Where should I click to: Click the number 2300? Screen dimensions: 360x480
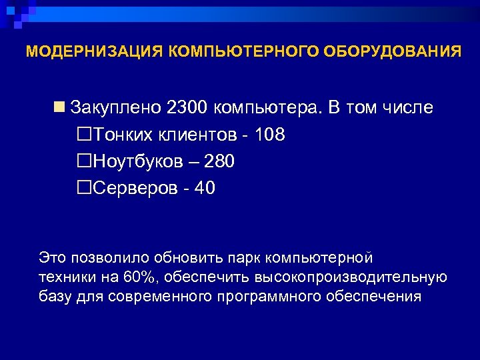[x=188, y=107]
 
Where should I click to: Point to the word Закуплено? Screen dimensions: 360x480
[x=116, y=107]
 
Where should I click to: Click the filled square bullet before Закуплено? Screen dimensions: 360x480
[x=61, y=107]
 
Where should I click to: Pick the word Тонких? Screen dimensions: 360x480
[x=124, y=135]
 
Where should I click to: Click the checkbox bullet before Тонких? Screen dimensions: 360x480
[x=85, y=135]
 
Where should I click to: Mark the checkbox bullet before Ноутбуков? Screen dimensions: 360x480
[x=85, y=161]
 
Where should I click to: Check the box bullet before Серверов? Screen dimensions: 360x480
[x=85, y=188]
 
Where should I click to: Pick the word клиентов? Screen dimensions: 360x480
[x=197, y=135]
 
